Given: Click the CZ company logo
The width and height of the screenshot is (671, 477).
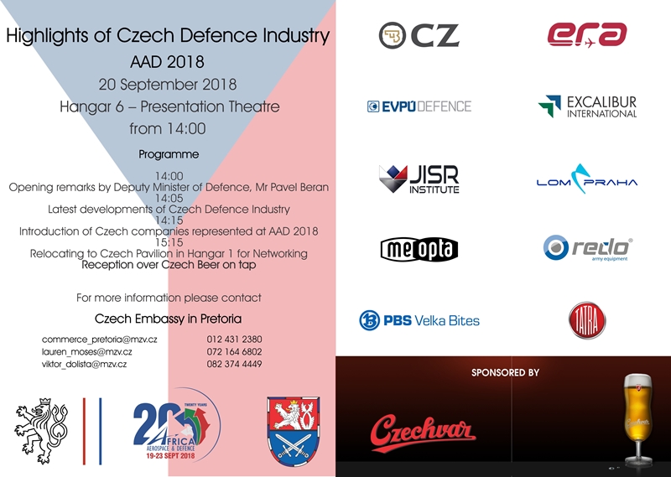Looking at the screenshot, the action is point(419,35).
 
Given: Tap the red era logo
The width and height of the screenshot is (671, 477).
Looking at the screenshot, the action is point(586,34).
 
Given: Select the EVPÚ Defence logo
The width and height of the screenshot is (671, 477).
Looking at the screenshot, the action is point(419,106).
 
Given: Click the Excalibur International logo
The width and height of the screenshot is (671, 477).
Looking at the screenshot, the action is point(587,106).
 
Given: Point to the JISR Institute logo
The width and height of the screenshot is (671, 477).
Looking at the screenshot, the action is point(419,179).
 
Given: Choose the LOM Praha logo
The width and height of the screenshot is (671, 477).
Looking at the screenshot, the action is point(586,179).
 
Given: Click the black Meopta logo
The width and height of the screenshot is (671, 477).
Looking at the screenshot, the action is point(419,250).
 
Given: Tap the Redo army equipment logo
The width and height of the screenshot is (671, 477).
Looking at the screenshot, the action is point(588,247).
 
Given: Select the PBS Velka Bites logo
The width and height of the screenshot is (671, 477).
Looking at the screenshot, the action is point(419,320).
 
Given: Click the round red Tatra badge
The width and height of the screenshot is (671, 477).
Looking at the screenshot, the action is point(587,320).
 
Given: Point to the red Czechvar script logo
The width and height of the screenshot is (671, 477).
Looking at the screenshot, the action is point(423,433).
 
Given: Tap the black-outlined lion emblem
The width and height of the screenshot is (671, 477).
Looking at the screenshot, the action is point(40,431).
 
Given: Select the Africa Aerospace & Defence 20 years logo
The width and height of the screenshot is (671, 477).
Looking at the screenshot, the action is point(177,429).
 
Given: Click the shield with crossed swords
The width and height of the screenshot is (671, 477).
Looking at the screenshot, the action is point(293,431).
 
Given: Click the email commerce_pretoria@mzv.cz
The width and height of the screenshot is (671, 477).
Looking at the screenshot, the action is point(99,340).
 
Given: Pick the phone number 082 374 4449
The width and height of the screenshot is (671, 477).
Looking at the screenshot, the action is point(234,364).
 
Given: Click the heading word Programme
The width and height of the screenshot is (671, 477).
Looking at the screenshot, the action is point(169,154).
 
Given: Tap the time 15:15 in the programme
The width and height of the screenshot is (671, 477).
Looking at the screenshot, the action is point(169,242).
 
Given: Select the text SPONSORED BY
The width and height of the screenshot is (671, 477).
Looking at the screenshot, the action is point(505,372).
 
